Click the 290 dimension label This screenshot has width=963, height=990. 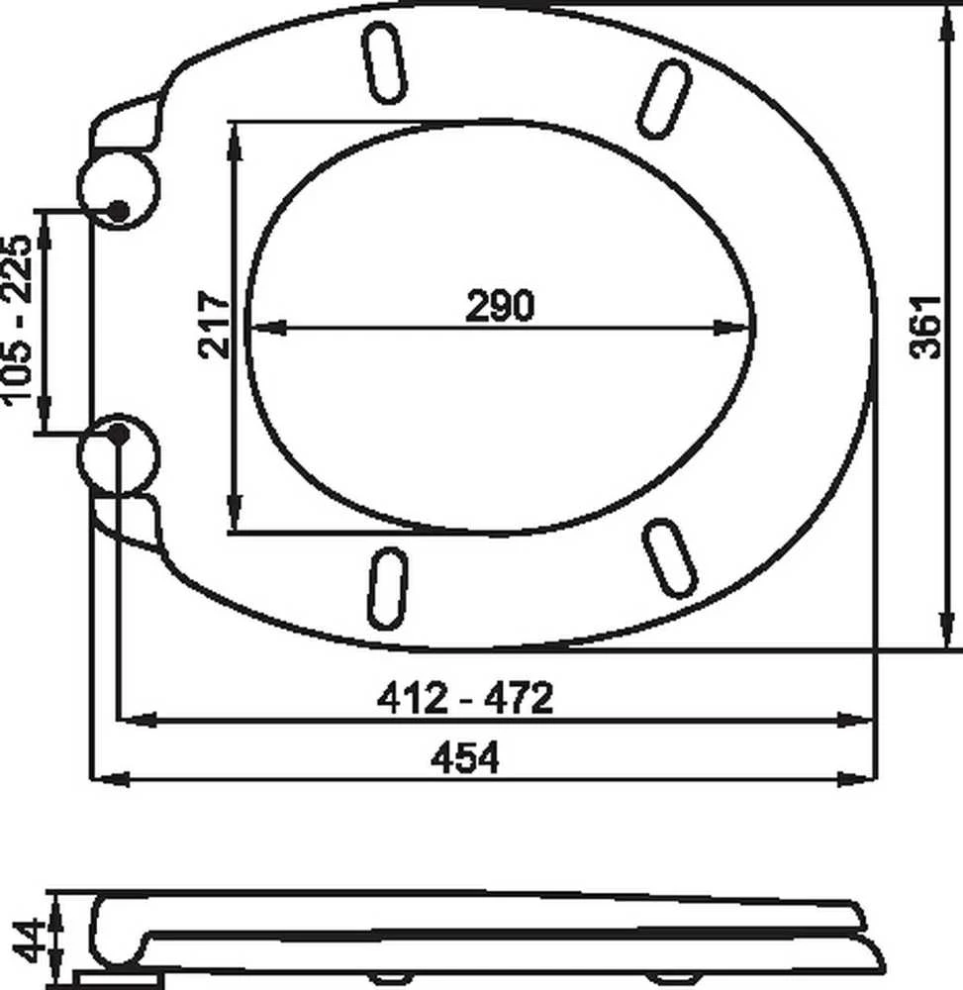pos(499,306)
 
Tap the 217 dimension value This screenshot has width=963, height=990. pos(215,325)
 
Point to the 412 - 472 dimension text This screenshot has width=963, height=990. pos(464,698)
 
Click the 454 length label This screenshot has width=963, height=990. pos(464,757)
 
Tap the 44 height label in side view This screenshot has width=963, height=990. pos(30,940)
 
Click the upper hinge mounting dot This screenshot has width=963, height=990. pos(118,211)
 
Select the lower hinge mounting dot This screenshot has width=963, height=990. pos(118,434)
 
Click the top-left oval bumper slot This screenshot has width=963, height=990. pos(384,61)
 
